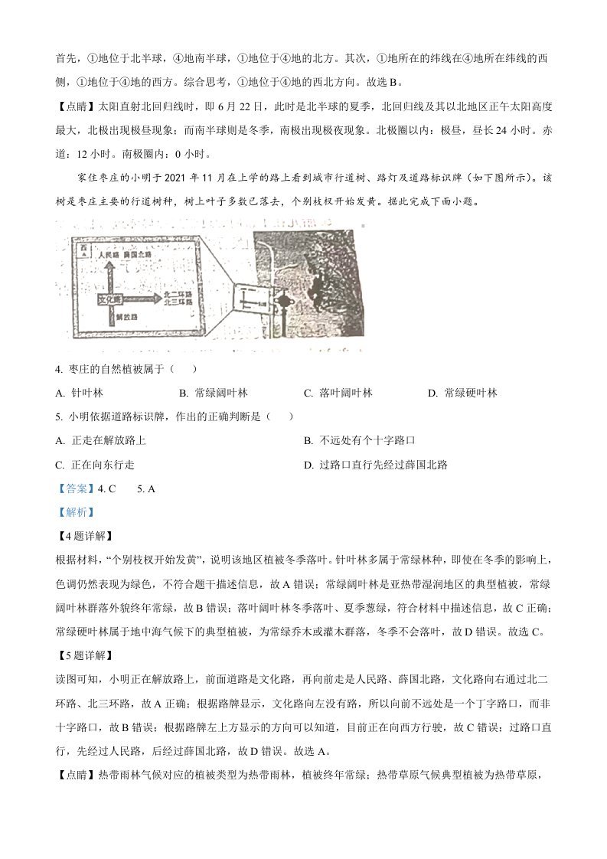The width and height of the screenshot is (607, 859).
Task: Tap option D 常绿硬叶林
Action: (x=462, y=393)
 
